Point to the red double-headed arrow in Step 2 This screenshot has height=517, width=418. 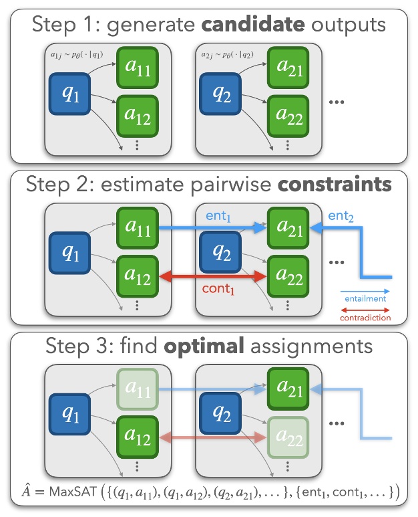(x=211, y=275)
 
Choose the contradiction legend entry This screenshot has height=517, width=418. (x=365, y=318)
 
